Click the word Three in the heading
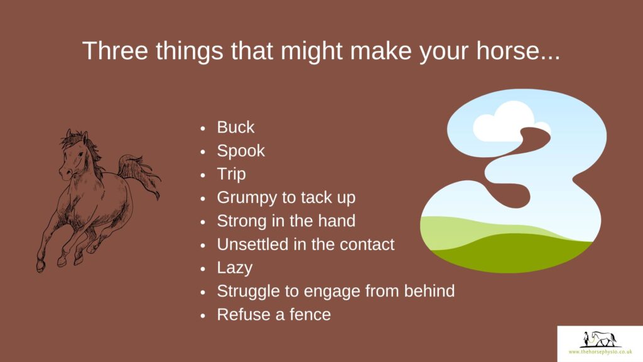(x=115, y=50)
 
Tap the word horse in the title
(x=514, y=50)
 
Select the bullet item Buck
(x=235, y=127)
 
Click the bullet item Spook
(x=240, y=151)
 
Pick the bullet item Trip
(x=231, y=175)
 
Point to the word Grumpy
(x=247, y=198)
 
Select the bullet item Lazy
(x=235, y=268)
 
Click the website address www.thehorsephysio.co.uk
(x=600, y=352)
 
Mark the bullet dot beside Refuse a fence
(x=203, y=315)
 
